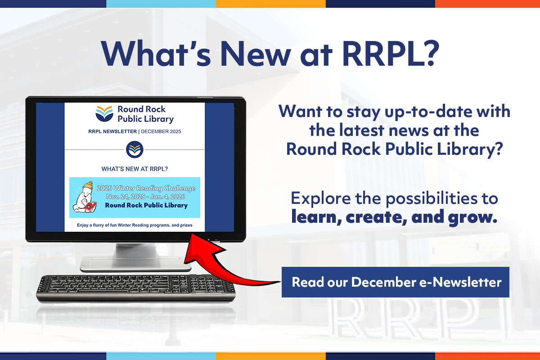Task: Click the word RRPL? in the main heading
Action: pyautogui.click(x=391, y=54)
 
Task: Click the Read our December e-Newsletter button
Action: pyautogui.click(x=396, y=282)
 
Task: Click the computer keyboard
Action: pyautogui.click(x=136, y=288)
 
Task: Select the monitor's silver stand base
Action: pyautogui.click(x=136, y=264)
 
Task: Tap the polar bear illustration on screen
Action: pyautogui.click(x=85, y=197)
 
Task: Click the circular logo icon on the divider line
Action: pyautogui.click(x=135, y=149)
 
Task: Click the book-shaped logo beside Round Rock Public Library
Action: pyautogui.click(x=104, y=113)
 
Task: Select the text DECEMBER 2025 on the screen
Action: pyautogui.click(x=161, y=131)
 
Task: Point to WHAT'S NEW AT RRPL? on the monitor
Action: pyautogui.click(x=135, y=169)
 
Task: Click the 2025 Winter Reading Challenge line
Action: pyautogui.click(x=146, y=188)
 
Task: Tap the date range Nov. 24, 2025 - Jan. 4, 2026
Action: pyautogui.click(x=146, y=197)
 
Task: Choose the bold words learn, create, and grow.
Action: pyautogui.click(x=394, y=217)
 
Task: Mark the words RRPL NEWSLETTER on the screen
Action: pyautogui.click(x=112, y=131)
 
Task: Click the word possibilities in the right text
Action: pyautogui.click(x=432, y=198)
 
